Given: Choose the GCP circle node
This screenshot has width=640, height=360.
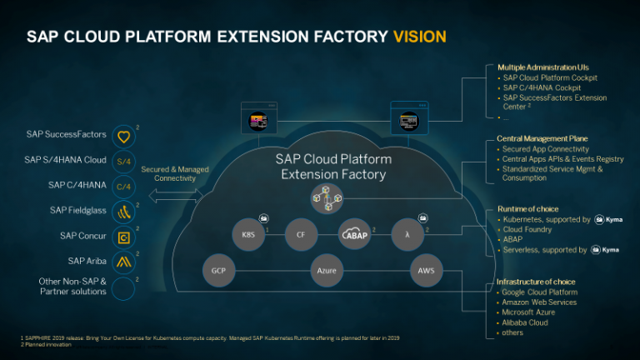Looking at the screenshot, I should point(218,270).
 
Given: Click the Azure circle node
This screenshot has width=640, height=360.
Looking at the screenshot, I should point(327,270).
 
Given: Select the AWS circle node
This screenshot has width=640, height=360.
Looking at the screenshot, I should point(427,270).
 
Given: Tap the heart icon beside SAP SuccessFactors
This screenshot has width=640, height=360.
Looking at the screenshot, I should point(123,135).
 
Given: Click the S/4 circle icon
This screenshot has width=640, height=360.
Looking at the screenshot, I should point(123,160).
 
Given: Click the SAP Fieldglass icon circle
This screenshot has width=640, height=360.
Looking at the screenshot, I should point(123,211).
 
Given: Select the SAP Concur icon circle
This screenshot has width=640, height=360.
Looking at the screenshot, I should point(123,237).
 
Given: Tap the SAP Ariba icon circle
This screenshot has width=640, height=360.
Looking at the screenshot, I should point(123,262).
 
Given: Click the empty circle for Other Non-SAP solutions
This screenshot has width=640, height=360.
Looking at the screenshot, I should point(123,287).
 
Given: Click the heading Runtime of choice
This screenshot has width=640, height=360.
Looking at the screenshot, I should point(528,209).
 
